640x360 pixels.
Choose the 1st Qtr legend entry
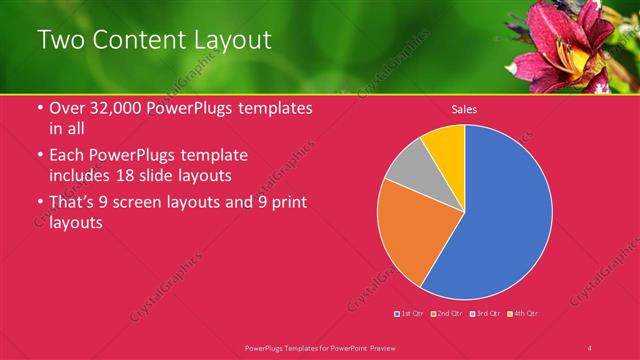pos(409,314)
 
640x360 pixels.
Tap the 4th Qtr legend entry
pos(523,314)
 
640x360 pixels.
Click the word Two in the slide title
pos(59,40)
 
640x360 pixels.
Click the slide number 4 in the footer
pos(590,347)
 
